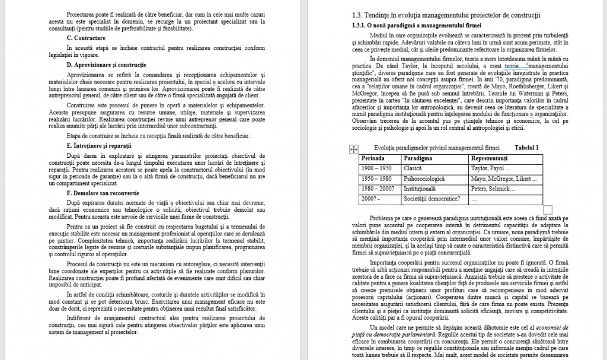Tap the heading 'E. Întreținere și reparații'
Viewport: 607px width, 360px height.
click(99, 145)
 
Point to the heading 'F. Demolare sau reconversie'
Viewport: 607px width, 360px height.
click(104, 193)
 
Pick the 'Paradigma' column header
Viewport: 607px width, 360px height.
click(418, 159)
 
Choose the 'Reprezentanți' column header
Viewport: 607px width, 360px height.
click(490, 159)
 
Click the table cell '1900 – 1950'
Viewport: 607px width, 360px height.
click(376, 169)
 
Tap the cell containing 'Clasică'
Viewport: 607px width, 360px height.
click(413, 169)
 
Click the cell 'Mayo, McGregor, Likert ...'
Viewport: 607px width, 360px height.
click(500, 179)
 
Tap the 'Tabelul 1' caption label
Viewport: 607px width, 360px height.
click(527, 148)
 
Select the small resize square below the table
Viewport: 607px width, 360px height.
click(547, 209)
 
